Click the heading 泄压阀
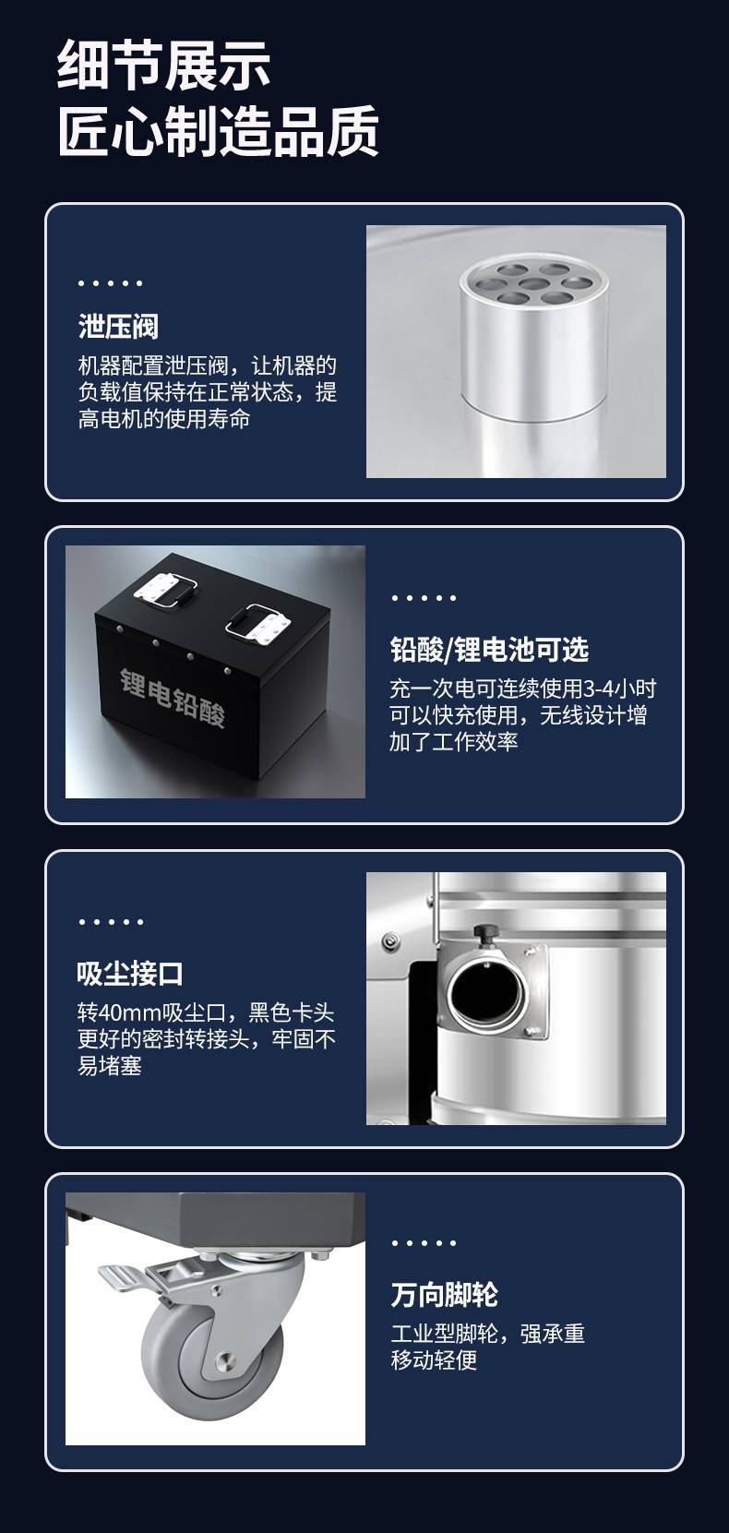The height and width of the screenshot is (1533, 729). coord(118,327)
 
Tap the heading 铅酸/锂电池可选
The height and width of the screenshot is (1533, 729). coord(489,650)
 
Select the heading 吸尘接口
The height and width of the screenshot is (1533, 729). coord(130,973)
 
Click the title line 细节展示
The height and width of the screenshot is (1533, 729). coord(163,65)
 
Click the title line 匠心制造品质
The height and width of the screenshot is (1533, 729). coord(219,131)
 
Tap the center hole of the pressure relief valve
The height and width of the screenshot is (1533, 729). coord(533,284)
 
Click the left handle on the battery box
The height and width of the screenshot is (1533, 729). coord(166,590)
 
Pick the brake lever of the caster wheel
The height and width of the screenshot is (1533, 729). coord(124,1279)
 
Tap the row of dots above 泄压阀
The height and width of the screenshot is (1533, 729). coord(110,282)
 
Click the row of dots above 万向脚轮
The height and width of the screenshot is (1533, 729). coord(424,1242)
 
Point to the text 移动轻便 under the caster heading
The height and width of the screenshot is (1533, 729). coord(434,1359)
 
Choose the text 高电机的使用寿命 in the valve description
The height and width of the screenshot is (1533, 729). coord(164,418)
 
